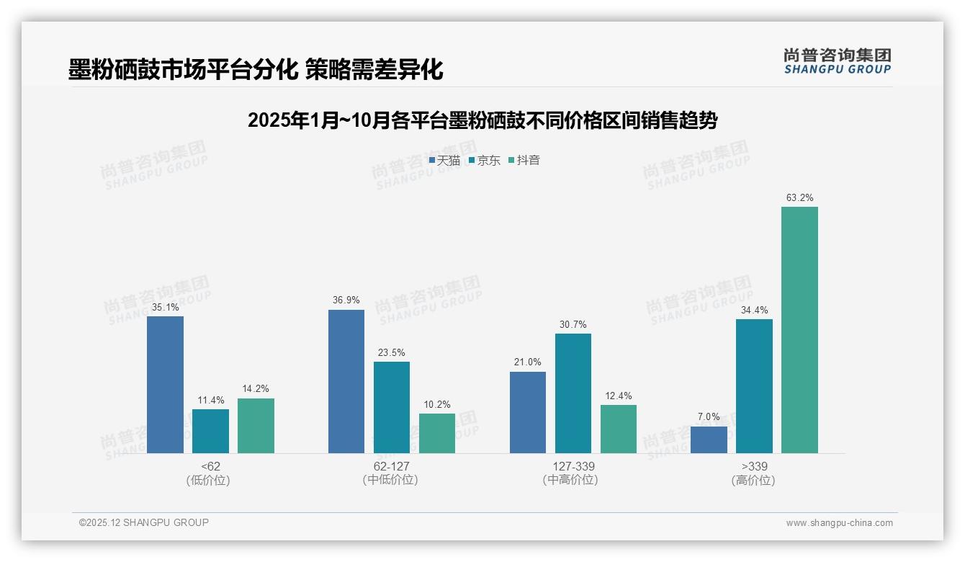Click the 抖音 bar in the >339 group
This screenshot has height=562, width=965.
point(799,330)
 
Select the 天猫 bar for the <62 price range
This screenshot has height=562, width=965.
point(165,385)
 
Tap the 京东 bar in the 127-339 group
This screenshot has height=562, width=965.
point(573,393)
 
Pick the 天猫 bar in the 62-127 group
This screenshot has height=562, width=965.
point(346,382)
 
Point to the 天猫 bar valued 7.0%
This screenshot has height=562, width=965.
point(709,440)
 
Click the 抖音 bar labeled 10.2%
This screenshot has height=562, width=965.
point(437,433)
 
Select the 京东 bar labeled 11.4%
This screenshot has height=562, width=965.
point(210,431)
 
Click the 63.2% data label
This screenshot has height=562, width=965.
point(799,197)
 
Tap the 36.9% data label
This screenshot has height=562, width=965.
point(346,300)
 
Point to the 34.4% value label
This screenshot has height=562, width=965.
point(754,310)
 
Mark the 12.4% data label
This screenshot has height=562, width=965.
point(618,396)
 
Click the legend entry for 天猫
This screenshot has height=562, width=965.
point(444,160)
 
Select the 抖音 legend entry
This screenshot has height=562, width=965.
point(524,160)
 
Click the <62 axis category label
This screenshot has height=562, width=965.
point(211,466)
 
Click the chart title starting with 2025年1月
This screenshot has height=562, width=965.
point(482,120)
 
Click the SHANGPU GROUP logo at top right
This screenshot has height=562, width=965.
point(837,61)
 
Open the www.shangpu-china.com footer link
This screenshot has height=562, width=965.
point(839,522)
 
